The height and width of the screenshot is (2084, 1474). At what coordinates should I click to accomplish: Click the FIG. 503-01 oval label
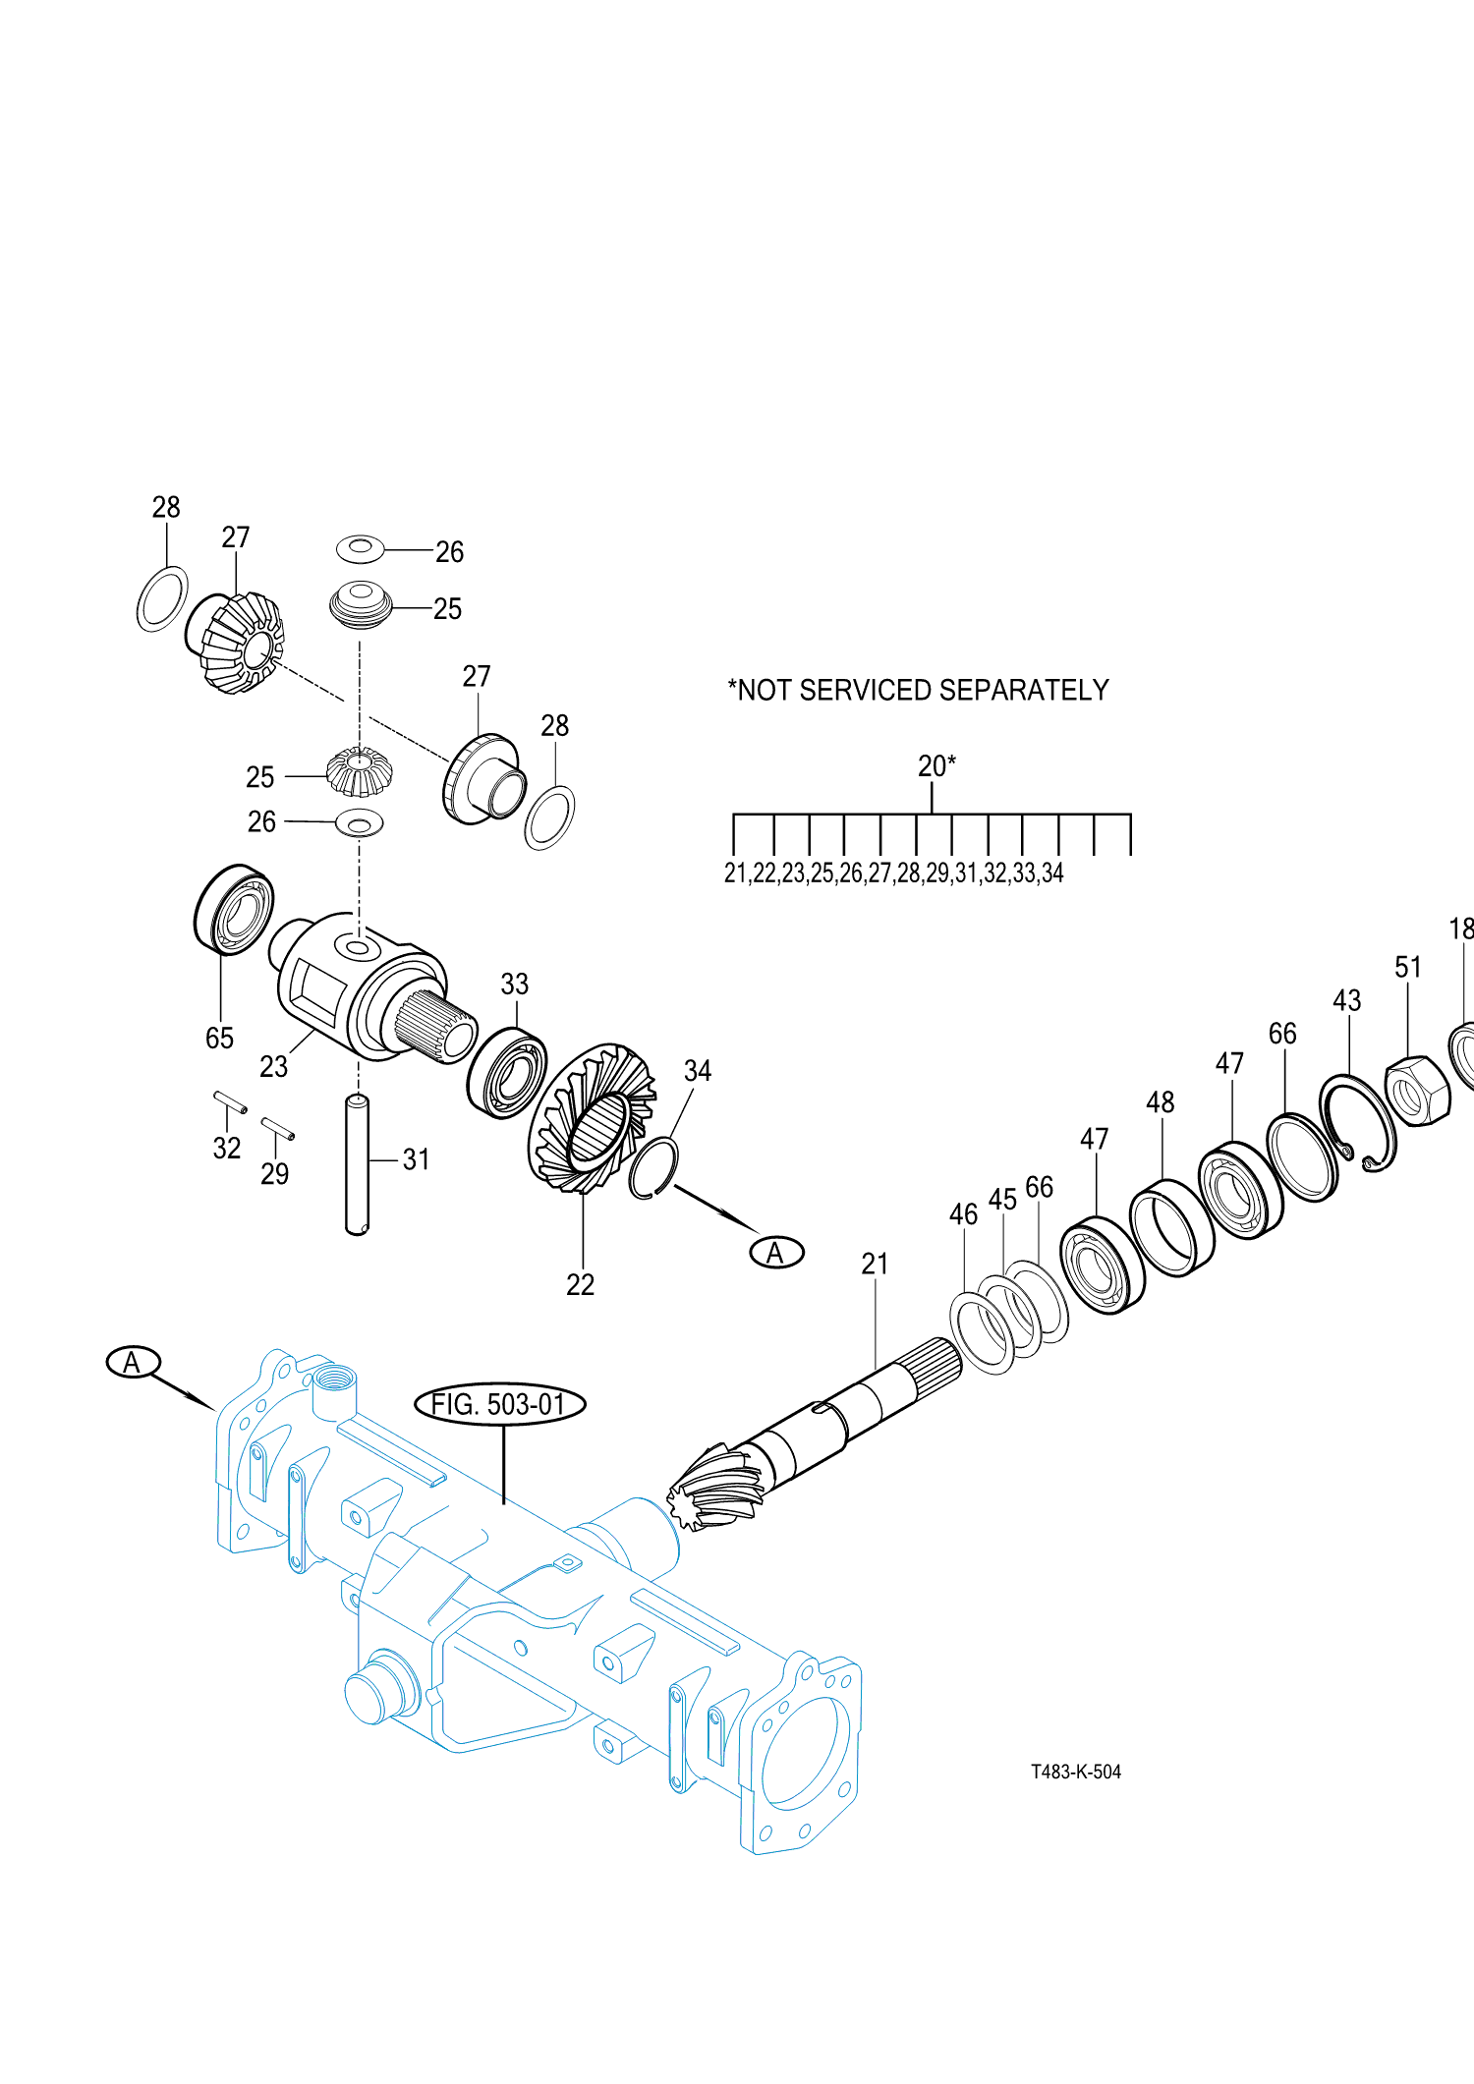click(500, 1404)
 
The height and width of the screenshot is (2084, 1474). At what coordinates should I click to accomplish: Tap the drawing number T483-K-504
click(1075, 1772)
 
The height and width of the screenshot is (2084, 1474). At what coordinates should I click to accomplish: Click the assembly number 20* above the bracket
click(935, 766)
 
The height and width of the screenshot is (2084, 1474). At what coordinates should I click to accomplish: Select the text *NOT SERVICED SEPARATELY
click(918, 690)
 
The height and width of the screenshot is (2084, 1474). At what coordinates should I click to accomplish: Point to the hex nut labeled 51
click(1418, 1091)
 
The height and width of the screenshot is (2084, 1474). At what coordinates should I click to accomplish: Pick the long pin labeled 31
click(357, 1164)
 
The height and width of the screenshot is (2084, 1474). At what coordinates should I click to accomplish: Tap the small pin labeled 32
click(230, 1102)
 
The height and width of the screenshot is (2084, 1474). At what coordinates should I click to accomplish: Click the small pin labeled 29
click(277, 1129)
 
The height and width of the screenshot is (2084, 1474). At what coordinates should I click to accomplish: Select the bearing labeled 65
click(234, 910)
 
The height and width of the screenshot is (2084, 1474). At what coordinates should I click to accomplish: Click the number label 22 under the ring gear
click(580, 1284)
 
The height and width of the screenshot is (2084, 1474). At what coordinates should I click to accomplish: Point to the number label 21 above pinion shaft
click(875, 1264)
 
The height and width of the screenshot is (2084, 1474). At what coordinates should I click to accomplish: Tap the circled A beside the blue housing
click(133, 1362)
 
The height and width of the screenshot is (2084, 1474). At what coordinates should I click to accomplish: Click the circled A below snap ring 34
click(776, 1252)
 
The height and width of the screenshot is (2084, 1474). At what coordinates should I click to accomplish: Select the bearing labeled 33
click(507, 1073)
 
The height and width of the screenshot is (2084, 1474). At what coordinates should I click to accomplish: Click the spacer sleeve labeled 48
click(1171, 1227)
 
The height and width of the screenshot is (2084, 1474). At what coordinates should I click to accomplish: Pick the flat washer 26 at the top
click(360, 548)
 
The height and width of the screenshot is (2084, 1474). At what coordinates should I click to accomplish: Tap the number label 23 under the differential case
click(273, 1066)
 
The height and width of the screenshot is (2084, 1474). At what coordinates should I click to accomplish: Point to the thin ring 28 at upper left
click(162, 598)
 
